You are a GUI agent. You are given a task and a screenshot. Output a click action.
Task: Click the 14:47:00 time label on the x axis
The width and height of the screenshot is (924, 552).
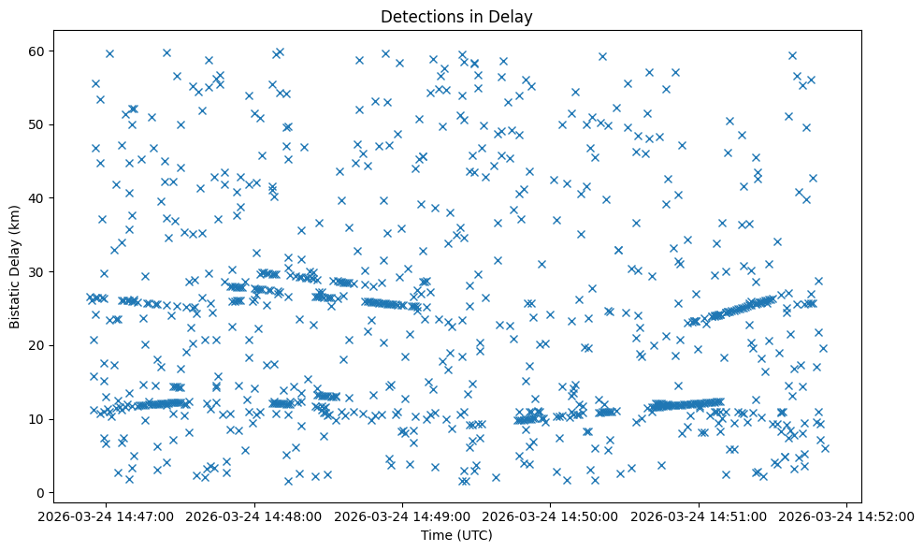[x=107, y=516]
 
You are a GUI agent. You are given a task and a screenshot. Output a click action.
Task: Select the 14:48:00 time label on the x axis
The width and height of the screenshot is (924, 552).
[x=254, y=516]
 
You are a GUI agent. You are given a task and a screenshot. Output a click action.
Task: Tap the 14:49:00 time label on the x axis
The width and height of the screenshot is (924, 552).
[x=403, y=516]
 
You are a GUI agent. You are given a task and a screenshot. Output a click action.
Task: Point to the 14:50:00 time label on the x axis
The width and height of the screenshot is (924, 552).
[x=551, y=516]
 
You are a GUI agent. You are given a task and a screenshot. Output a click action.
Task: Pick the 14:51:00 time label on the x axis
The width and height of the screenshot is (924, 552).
[x=699, y=516]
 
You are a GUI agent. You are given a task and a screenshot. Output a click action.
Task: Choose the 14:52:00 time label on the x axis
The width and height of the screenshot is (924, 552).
[x=846, y=516]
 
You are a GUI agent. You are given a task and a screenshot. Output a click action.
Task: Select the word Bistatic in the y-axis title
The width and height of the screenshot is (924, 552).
[x=16, y=303]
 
